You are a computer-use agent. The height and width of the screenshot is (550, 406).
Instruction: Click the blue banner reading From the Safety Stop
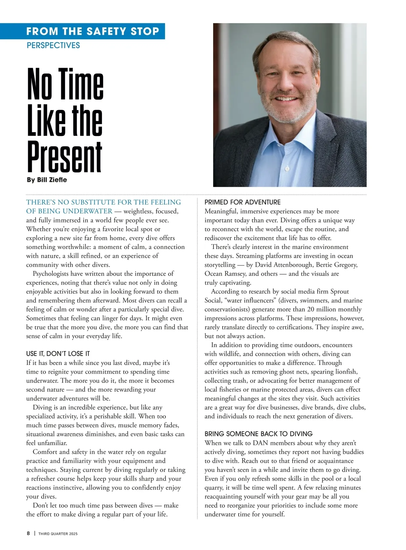tap(93, 31)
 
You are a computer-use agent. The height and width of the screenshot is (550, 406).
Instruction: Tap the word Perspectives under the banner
tap(53, 45)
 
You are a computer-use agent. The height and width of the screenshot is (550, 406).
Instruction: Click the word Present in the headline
tap(64, 157)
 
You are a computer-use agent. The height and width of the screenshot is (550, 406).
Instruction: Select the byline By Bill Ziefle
tap(47, 180)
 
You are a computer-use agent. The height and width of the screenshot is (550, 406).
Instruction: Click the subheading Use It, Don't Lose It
tap(58, 354)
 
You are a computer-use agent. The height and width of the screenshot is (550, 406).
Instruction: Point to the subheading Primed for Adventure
tap(243, 202)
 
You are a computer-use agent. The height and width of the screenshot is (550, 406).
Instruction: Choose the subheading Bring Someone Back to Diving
tap(258, 434)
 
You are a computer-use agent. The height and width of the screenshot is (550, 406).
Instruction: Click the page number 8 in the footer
tap(28, 533)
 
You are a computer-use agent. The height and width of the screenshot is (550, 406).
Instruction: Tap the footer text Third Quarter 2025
tap(58, 534)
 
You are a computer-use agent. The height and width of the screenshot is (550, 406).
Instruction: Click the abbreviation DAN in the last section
tap(261, 443)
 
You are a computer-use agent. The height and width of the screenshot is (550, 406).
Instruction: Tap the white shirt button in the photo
tap(287, 168)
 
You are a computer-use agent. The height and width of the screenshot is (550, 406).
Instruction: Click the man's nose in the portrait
tap(285, 86)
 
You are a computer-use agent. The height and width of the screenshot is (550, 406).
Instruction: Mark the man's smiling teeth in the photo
tap(285, 99)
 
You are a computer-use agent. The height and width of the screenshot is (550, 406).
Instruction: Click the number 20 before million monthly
tap(312, 309)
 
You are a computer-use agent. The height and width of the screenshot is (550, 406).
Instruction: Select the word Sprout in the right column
tap(339, 292)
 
